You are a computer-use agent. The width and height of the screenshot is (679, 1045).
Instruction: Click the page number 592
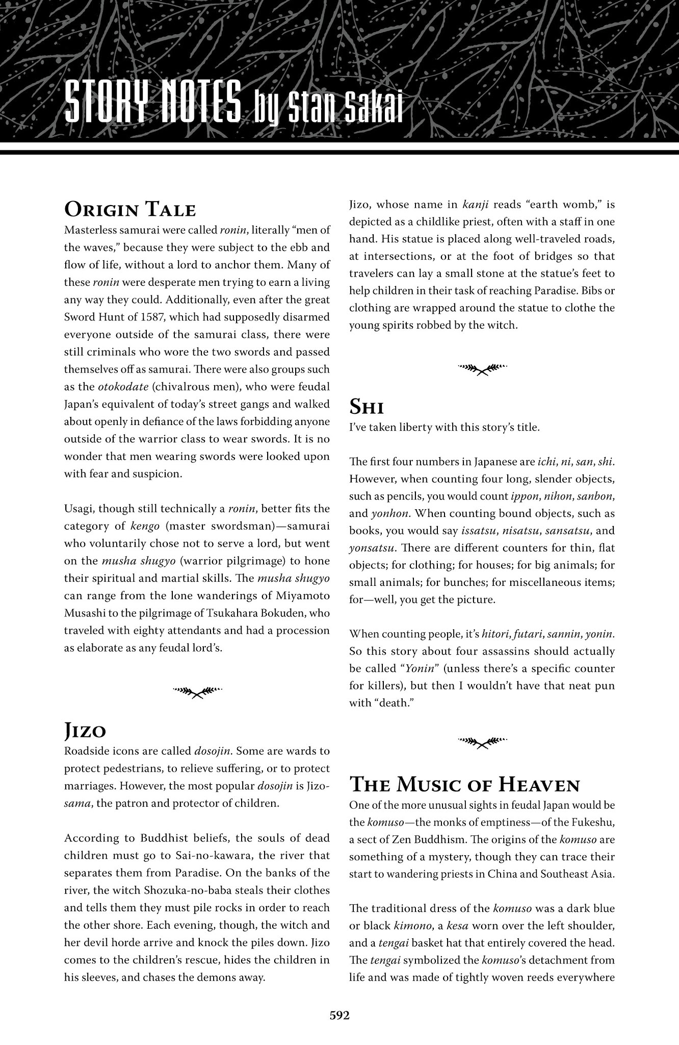339,1015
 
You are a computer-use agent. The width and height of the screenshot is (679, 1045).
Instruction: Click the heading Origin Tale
130,210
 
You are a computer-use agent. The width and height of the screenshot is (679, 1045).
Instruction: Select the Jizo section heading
85,731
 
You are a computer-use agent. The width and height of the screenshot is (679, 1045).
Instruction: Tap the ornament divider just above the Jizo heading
197,691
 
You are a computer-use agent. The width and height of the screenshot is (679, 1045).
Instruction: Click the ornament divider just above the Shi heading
482,368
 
